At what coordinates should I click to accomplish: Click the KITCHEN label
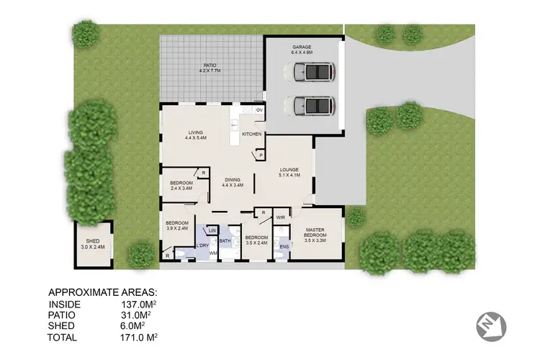click(251, 135)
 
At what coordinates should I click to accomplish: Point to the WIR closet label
click(281, 216)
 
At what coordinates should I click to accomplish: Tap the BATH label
click(225, 241)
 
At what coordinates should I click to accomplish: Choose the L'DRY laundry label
click(202, 246)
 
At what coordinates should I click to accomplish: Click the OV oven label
click(258, 110)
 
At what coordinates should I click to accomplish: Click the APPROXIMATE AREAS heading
click(102, 293)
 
